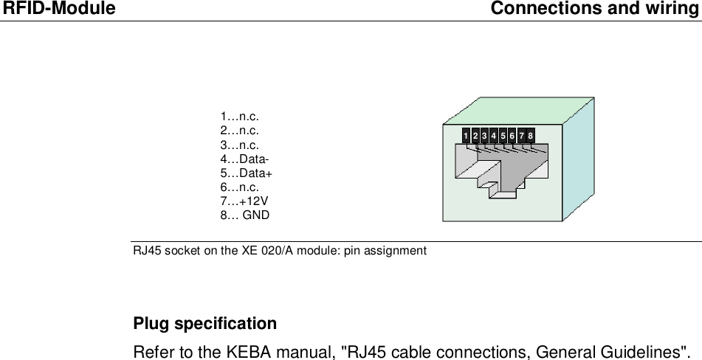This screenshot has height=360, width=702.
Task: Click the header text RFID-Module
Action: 58,9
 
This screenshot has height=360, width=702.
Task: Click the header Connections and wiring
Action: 595,9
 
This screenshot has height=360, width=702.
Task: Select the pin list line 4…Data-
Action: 244,159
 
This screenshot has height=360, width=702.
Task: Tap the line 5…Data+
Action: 247,173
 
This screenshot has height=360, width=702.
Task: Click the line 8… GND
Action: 245,215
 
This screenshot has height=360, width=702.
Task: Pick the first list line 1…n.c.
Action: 239,117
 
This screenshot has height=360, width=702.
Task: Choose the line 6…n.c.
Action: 239,187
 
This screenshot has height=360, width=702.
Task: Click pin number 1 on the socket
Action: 466,136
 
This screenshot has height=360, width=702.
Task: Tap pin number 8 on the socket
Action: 531,136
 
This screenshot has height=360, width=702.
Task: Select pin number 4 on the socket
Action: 493,136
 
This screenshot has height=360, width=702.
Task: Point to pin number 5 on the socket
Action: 503,136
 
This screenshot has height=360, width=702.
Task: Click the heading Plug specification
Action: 204,324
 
